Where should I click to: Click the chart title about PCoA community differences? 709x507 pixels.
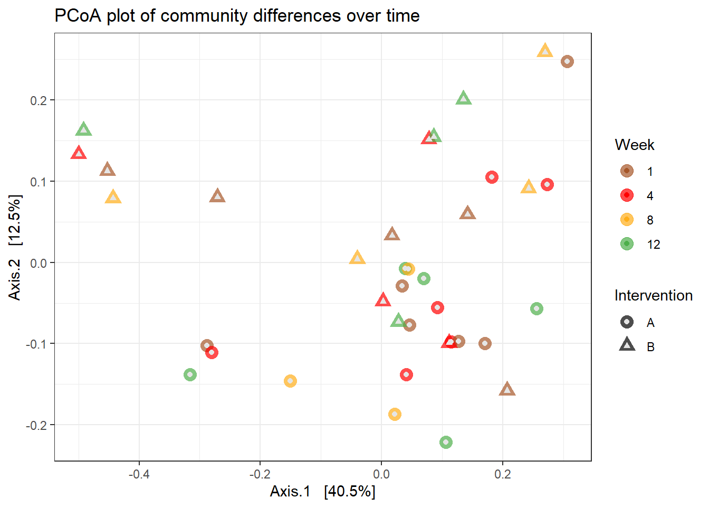click(237, 16)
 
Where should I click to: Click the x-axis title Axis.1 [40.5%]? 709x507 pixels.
click(322, 492)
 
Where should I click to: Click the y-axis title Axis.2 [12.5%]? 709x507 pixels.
click(15, 247)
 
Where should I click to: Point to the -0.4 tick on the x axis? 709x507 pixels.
click(139, 474)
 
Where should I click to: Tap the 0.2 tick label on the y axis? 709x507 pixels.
click(39, 100)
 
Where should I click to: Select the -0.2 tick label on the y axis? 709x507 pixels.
click(36, 425)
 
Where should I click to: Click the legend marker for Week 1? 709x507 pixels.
click(627, 171)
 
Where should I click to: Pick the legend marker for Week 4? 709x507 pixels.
click(627, 195)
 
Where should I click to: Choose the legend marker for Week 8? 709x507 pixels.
click(627, 220)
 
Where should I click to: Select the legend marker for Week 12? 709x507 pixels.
click(627, 244)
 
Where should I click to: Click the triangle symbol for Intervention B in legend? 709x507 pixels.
click(627, 346)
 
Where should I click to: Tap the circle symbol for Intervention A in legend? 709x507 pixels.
click(627, 322)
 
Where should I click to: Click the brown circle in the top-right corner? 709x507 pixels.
click(567, 62)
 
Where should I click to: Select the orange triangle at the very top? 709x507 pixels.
click(545, 51)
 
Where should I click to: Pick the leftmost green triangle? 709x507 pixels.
click(83, 129)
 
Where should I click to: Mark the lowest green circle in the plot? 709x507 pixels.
click(446, 442)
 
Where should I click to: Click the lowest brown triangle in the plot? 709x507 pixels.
click(507, 390)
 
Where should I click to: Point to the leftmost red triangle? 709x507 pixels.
click(79, 154)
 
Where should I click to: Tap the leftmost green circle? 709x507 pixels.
click(190, 375)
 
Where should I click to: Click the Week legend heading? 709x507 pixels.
click(634, 145)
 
